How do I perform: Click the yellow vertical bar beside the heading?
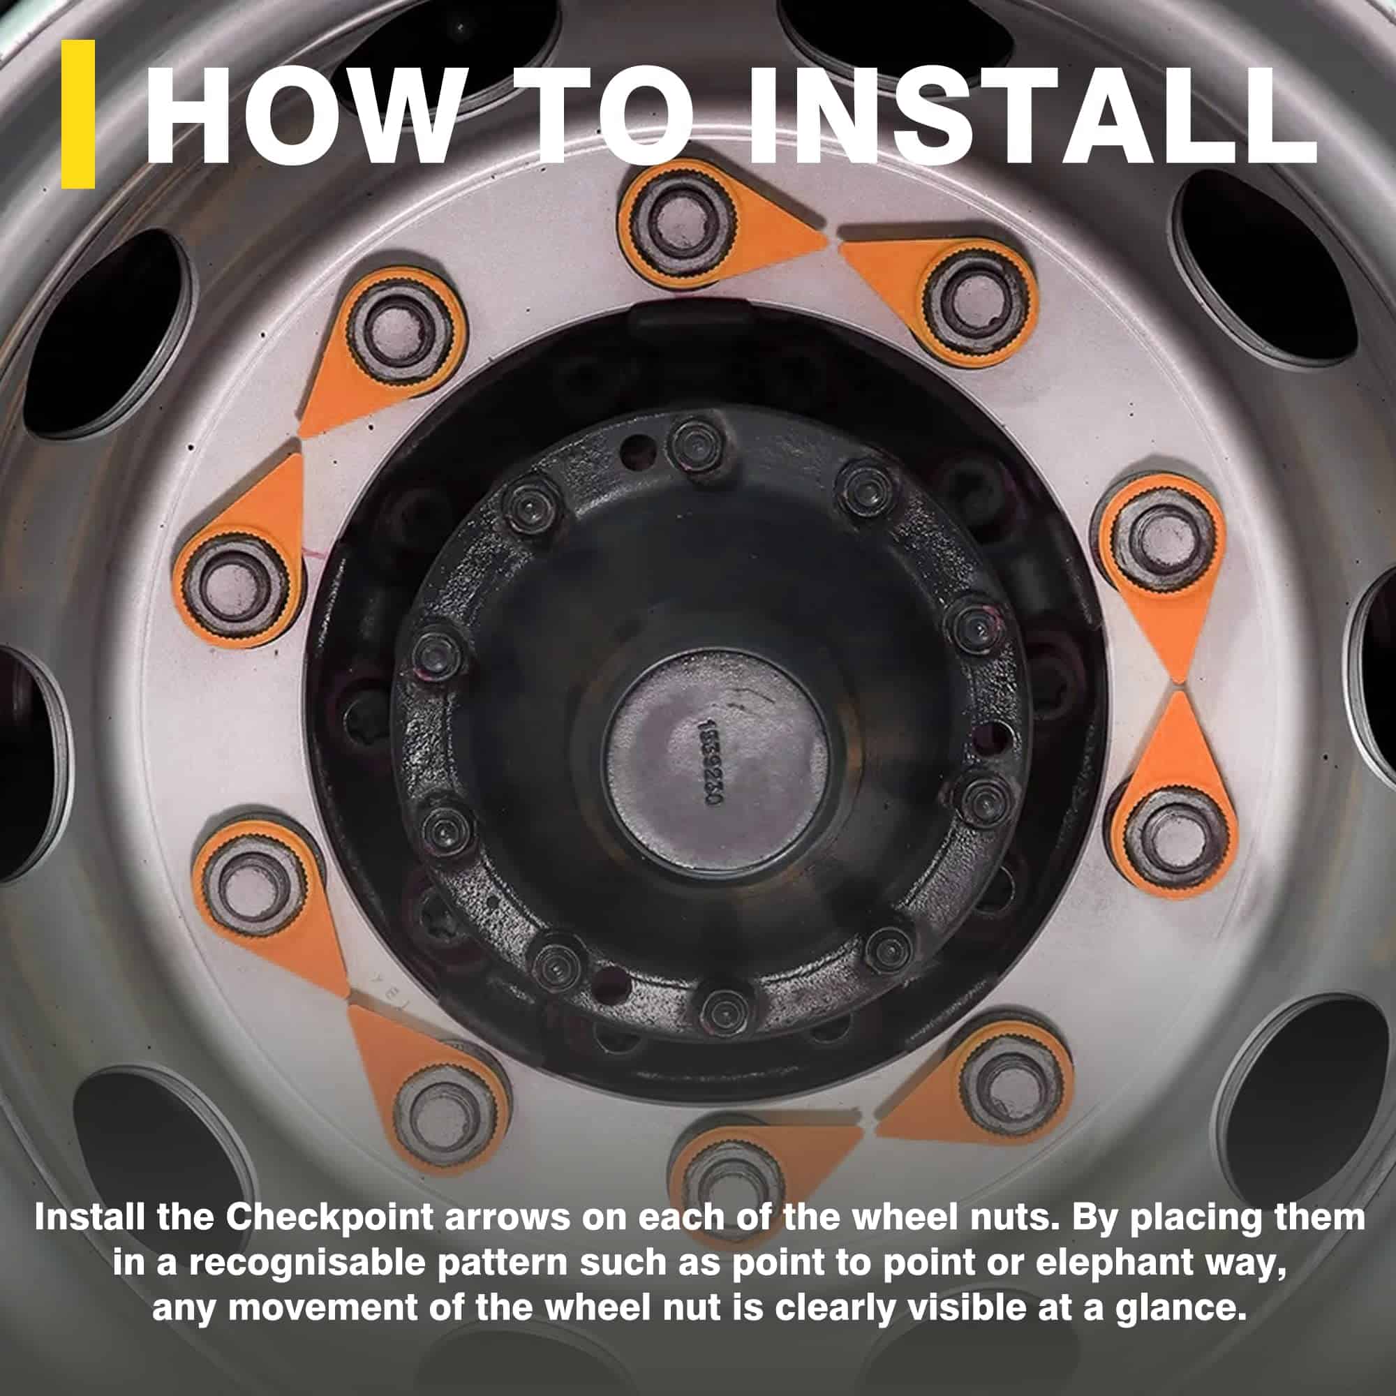78,114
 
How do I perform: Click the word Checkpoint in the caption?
329,1219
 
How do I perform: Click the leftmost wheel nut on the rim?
230,584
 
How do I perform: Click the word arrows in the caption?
508,1219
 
